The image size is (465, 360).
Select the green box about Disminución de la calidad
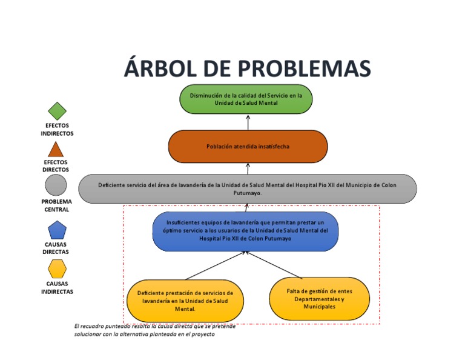[246, 99]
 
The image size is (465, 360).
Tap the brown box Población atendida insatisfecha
[248, 147]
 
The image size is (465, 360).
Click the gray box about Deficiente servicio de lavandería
[248, 188]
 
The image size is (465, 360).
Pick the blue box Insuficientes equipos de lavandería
[245, 231]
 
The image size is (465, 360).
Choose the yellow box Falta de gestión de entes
[319, 299]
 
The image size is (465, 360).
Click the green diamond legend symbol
[57, 111]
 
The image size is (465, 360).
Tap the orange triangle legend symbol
[56, 149]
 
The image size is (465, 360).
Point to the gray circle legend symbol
[56, 185]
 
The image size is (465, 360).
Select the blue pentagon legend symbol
[57, 230]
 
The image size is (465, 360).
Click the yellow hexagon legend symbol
[57, 268]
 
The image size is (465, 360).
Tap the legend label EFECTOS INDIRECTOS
[57, 129]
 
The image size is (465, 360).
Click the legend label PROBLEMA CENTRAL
[56, 205]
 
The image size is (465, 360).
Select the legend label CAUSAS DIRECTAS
[56, 248]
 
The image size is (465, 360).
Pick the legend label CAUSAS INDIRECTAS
[57, 287]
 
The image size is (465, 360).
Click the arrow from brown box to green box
[248, 122]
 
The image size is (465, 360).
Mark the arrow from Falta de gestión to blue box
[275, 265]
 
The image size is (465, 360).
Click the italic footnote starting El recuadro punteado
[151, 330]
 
